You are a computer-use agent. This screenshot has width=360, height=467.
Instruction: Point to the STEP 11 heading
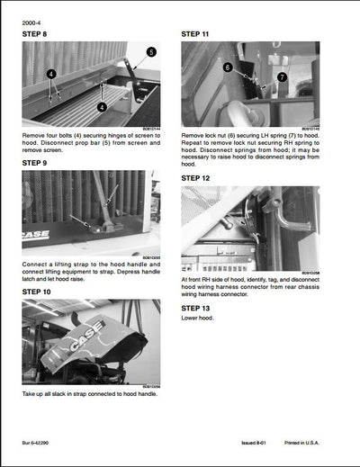coord(196,34)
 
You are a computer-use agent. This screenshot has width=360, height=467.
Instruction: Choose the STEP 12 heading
coord(196,178)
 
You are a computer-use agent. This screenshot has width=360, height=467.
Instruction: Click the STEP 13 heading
coord(196,307)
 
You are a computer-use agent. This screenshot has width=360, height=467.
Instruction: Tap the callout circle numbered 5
coord(150,52)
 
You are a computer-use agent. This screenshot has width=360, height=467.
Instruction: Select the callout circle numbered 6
coord(228,67)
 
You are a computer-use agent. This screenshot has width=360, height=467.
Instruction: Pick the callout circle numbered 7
coord(282,77)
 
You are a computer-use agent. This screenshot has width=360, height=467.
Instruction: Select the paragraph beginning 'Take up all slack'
coord(90,395)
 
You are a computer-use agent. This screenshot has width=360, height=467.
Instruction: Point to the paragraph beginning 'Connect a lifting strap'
coord(90,270)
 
